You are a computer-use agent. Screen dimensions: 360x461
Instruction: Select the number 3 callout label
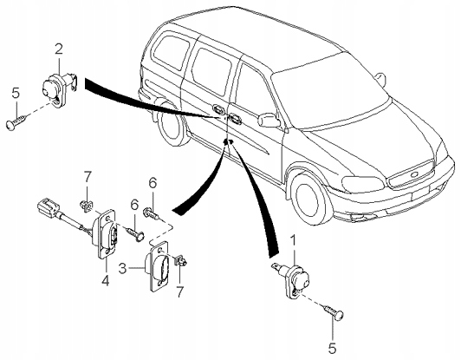tap(123, 269)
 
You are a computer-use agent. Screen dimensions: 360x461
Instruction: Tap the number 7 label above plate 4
tap(87, 178)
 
